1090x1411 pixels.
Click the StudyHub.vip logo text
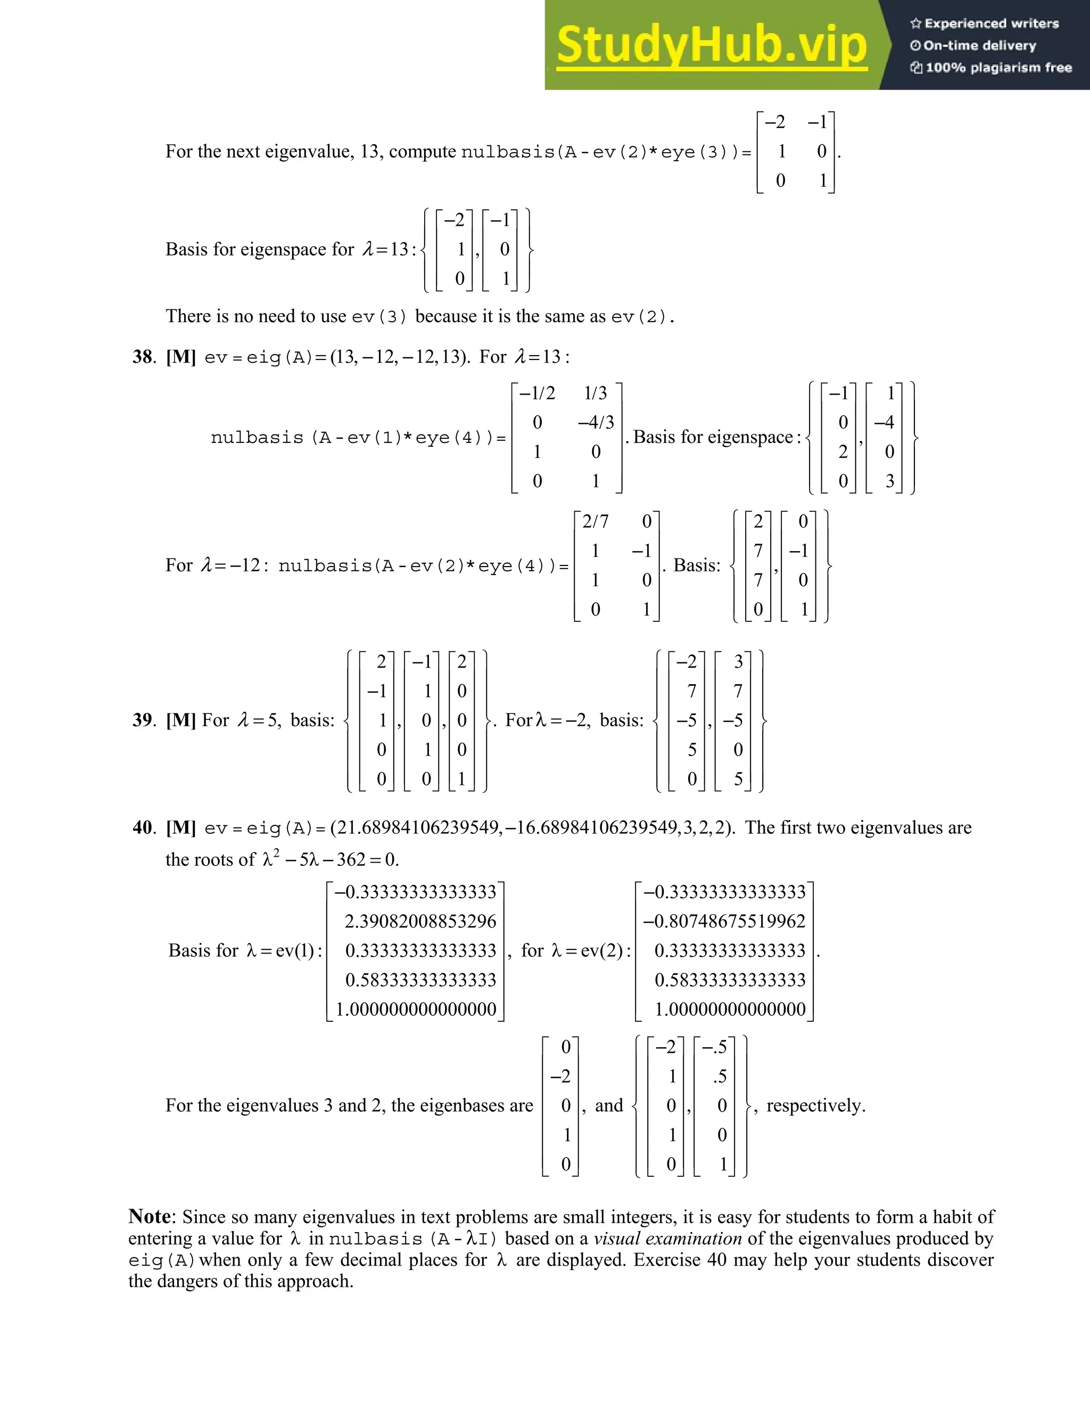[x=711, y=45]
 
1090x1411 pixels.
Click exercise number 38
[x=143, y=357]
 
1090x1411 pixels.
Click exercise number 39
[x=143, y=720]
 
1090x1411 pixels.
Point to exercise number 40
[x=143, y=827]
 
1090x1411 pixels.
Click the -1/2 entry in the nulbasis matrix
[x=537, y=393]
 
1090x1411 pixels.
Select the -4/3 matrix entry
[x=596, y=423]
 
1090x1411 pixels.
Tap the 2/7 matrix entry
[x=594, y=521]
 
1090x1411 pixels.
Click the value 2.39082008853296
[x=420, y=921]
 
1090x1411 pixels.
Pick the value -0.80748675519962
[x=724, y=921]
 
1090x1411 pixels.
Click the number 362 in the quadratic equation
[x=351, y=860]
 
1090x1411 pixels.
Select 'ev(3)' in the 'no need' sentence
[x=379, y=317]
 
